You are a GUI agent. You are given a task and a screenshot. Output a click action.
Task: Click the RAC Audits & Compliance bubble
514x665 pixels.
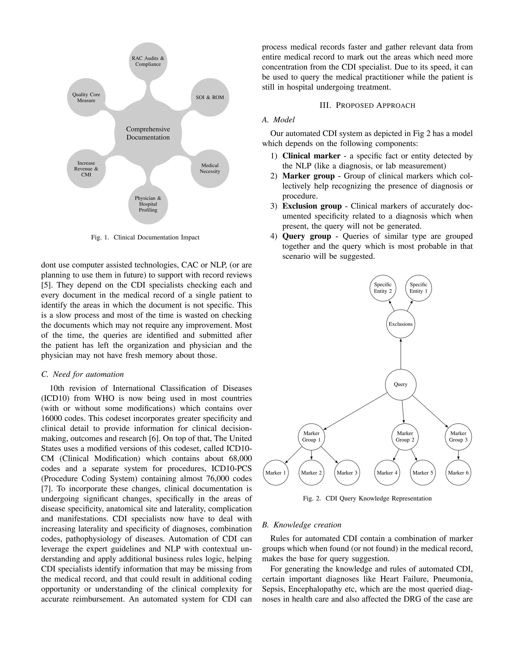[x=148, y=61]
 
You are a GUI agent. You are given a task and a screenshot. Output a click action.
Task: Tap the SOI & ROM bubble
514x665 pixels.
[x=210, y=97]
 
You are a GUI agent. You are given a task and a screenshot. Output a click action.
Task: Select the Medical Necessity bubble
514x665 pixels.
[x=210, y=168]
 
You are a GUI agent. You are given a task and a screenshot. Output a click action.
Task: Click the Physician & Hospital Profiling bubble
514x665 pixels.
[x=148, y=204]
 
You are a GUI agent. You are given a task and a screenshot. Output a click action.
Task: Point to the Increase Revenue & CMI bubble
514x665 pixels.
[x=86, y=169]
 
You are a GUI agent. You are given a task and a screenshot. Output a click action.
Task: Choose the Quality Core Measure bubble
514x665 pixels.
[x=86, y=97]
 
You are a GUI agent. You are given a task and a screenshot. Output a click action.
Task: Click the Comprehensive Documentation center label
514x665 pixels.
[x=148, y=133]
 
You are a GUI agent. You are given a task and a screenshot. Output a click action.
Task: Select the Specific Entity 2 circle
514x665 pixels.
[x=383, y=288]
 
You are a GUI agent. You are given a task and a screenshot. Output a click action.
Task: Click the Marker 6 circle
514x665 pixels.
[x=458, y=473]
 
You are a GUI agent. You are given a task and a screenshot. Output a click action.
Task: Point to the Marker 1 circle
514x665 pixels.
[x=276, y=473]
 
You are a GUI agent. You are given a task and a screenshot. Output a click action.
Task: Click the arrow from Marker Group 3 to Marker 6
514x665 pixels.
[x=458, y=455]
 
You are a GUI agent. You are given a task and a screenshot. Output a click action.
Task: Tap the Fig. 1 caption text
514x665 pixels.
[x=145, y=237]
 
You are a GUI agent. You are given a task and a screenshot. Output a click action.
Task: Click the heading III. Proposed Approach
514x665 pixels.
[x=367, y=106]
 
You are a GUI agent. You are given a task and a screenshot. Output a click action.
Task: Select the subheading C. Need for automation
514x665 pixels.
[x=83, y=374]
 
